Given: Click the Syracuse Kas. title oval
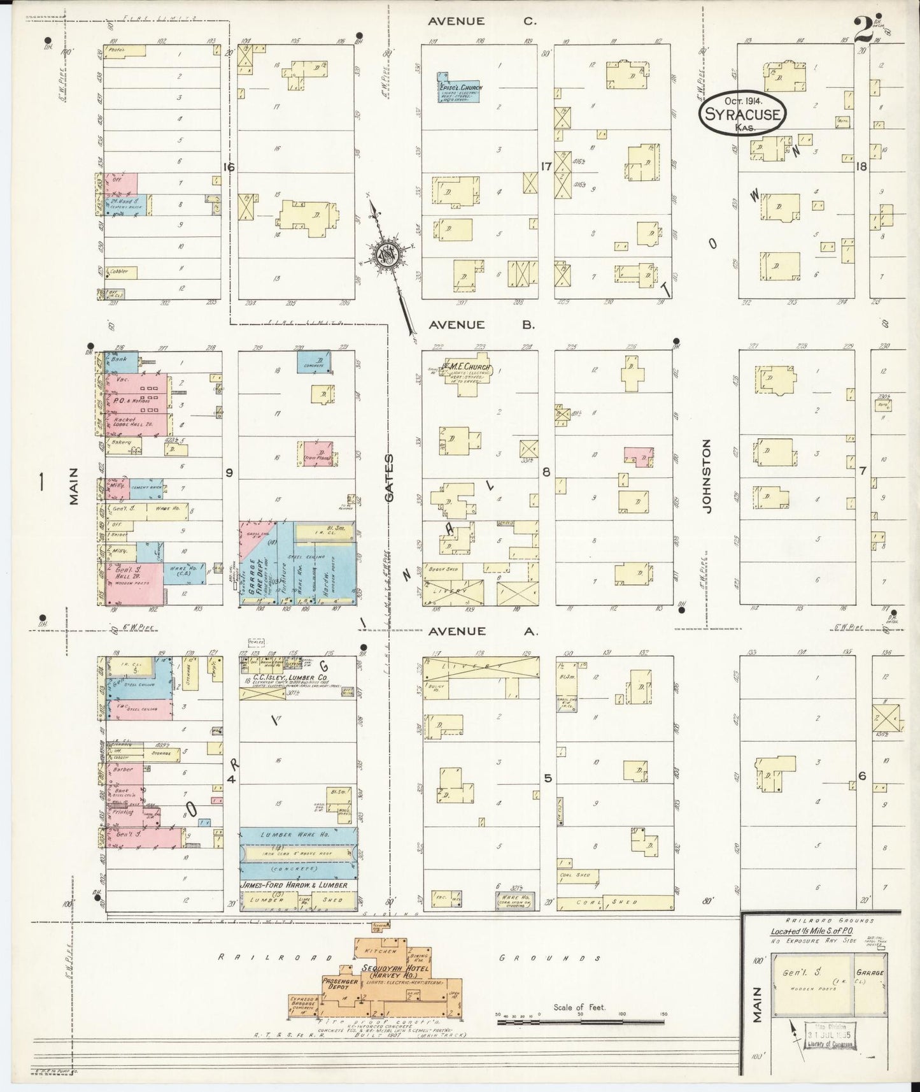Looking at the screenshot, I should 742,114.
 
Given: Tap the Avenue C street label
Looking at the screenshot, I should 483,21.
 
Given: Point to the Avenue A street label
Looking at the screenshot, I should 483,631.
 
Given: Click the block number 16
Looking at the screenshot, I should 229,168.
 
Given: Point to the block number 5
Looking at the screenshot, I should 547,778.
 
